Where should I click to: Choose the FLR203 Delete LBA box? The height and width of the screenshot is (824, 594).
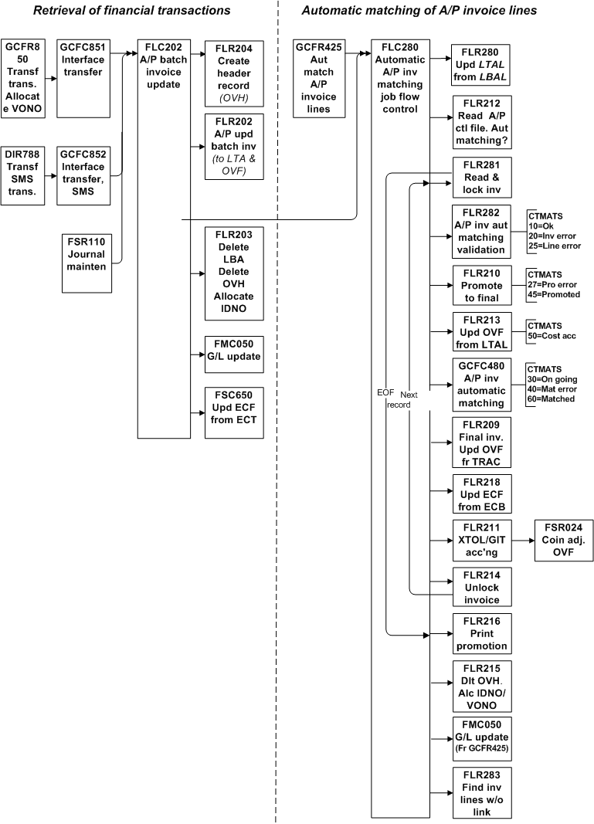tap(234, 273)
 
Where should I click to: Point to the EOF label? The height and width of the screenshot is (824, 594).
tap(385, 394)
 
